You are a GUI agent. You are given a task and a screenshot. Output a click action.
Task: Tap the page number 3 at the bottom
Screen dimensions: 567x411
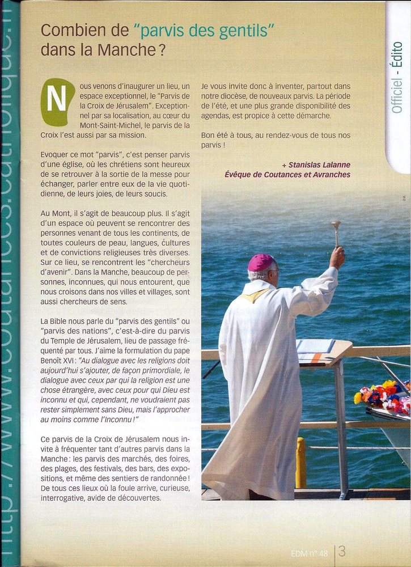pyautogui.click(x=342, y=551)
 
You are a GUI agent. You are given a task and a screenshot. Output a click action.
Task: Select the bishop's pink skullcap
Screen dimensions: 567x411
pyautogui.click(x=261, y=263)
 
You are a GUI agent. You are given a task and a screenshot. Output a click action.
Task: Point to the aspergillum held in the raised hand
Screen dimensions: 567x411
pyautogui.click(x=336, y=231)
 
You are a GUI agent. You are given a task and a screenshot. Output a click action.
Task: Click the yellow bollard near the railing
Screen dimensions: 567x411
pyautogui.click(x=300, y=462)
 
